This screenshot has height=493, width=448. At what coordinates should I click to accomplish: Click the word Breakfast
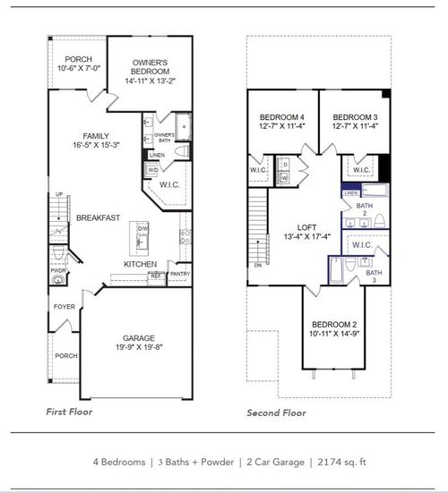coord(99,217)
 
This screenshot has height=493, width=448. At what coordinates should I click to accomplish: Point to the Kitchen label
coord(140,264)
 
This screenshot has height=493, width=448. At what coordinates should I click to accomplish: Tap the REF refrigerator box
coord(155,276)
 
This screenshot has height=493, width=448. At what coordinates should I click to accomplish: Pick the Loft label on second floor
coord(307,227)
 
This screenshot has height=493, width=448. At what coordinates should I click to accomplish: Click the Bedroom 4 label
coord(281,118)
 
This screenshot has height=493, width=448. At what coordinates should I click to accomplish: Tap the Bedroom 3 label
coord(353,118)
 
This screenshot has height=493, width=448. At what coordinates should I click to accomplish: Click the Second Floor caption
coord(276,412)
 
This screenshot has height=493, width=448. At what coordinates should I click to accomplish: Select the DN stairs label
coord(259,265)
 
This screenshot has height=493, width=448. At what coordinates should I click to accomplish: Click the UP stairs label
coord(59,194)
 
